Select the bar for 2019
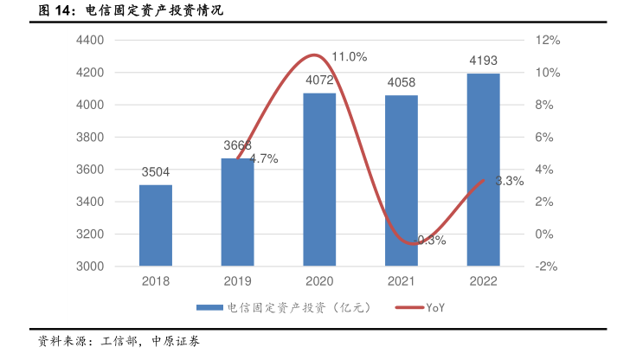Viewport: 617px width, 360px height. [x=237, y=212]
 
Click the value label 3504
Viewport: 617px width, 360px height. [x=156, y=172]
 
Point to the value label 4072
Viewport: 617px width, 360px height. [x=319, y=81]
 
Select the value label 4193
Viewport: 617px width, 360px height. [x=483, y=61]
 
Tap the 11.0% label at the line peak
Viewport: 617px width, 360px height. [x=350, y=57]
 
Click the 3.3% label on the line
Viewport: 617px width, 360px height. [x=510, y=181]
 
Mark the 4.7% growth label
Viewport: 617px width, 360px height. [x=263, y=158]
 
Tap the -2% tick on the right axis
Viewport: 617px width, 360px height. [x=547, y=267]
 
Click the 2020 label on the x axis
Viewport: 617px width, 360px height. [x=319, y=281]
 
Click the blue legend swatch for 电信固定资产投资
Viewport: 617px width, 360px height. [x=209, y=307]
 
